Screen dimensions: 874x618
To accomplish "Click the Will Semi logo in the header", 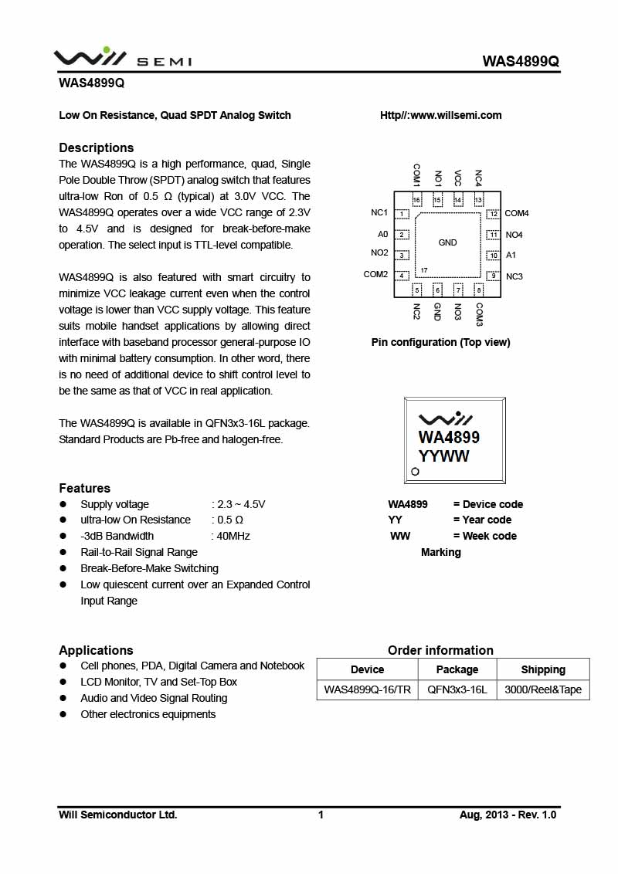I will pyautogui.click(x=122, y=59).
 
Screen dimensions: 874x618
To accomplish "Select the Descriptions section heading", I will pyautogui.click(x=97, y=147).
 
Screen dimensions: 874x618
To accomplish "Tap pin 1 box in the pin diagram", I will pyautogui.click(x=402, y=213).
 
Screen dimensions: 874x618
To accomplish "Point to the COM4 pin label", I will pyautogui.click(x=517, y=213).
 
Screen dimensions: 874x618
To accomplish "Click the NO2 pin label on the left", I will pyautogui.click(x=379, y=252).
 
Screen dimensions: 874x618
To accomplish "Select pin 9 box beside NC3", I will pyautogui.click(x=493, y=276).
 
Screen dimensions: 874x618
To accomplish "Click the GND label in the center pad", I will pyautogui.click(x=447, y=242).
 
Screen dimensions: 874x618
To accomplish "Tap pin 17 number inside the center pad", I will pyautogui.click(x=424, y=270).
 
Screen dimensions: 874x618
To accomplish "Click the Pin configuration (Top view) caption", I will pyautogui.click(x=440, y=342).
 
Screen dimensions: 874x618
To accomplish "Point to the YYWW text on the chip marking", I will pyautogui.click(x=444, y=456).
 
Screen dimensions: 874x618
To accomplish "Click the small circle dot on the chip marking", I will pyautogui.click(x=415, y=472).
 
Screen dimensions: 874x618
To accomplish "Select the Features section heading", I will pyautogui.click(x=85, y=488).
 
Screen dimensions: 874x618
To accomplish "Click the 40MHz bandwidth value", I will pyautogui.click(x=233, y=536).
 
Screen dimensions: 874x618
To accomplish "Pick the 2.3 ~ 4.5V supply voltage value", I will pyautogui.click(x=241, y=504).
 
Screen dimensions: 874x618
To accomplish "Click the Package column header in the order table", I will pyautogui.click(x=457, y=669).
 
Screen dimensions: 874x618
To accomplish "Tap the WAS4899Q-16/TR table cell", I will pyautogui.click(x=367, y=689).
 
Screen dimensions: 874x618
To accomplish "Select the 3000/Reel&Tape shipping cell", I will pyautogui.click(x=543, y=689).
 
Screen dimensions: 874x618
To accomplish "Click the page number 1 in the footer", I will pyautogui.click(x=321, y=815).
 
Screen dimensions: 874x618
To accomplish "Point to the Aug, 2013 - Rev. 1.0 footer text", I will pyautogui.click(x=508, y=815).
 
